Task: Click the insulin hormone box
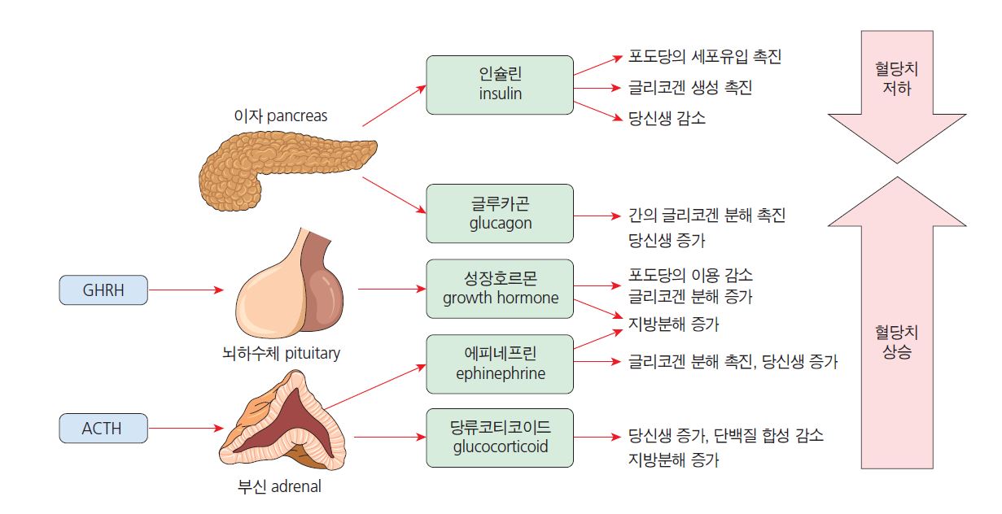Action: tap(500, 85)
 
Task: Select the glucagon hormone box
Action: tap(500, 213)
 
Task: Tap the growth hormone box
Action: tap(500, 289)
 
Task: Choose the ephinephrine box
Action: tap(500, 364)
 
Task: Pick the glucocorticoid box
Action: tap(500, 438)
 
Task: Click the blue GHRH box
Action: tap(103, 290)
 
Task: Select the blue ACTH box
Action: tap(103, 428)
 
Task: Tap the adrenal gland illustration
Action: tap(285, 426)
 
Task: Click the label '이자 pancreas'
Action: tap(280, 115)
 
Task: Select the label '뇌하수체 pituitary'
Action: tap(282, 353)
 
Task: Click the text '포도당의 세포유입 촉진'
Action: tap(705, 57)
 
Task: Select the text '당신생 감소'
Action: tap(667, 118)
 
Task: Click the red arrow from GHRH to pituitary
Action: tap(186, 290)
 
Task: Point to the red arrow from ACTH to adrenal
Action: tap(186, 428)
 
